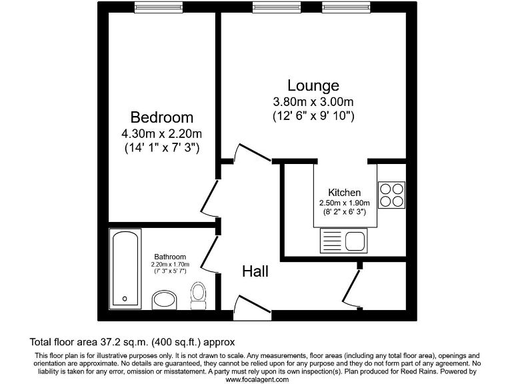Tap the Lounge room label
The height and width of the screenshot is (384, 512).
click(x=313, y=85)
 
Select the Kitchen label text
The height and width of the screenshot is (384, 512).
click(x=344, y=192)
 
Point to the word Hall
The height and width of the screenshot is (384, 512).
click(x=255, y=271)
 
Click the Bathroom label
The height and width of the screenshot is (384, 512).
click(x=170, y=257)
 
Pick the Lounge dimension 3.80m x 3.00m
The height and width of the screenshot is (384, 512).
click(x=313, y=102)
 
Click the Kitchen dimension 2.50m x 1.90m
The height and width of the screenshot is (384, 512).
click(x=344, y=203)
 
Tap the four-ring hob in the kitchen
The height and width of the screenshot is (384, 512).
click(x=391, y=193)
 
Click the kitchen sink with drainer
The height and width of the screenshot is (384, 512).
click(x=343, y=240)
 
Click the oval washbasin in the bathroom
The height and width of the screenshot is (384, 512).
click(x=164, y=300)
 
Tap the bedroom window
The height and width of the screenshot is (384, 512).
click(x=153, y=7)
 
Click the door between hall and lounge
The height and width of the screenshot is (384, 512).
click(x=253, y=153)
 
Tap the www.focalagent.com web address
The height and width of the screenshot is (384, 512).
click(x=257, y=379)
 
